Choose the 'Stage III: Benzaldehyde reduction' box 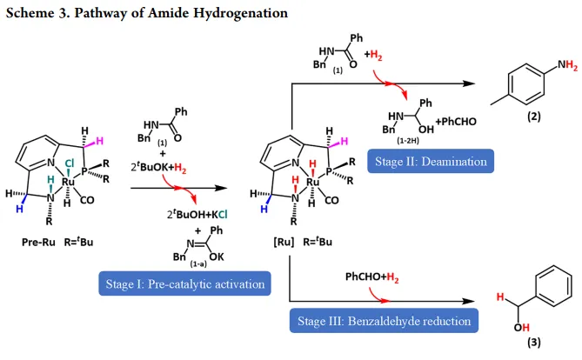point(384,322)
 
